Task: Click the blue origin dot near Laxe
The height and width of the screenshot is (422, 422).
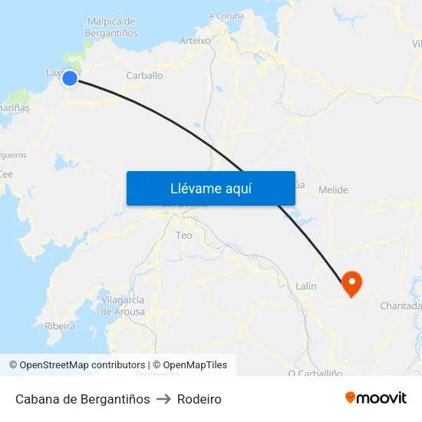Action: (70, 77)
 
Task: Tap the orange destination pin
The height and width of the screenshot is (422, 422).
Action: (352, 283)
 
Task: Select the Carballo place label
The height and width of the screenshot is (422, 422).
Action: (144, 76)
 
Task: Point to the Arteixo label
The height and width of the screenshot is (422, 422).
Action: (194, 40)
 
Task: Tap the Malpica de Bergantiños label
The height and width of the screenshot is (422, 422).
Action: (113, 28)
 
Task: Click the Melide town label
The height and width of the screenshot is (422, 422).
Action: (332, 190)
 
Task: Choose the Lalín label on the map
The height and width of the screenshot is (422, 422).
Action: (305, 286)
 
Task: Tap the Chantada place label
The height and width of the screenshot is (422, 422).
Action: (401, 306)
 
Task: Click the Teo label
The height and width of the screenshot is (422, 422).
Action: (184, 235)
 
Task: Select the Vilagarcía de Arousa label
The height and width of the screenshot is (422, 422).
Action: (122, 305)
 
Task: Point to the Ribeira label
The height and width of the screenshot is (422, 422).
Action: (60, 326)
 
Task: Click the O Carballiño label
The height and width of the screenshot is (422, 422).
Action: (313, 374)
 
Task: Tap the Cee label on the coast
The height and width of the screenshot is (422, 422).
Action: (6, 174)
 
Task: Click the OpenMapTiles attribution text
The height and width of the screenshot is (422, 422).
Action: (190, 365)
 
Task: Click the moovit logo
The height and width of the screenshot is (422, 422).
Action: (375, 397)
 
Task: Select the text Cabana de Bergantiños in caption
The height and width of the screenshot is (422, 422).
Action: (82, 399)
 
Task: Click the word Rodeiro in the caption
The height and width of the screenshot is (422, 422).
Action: (199, 399)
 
